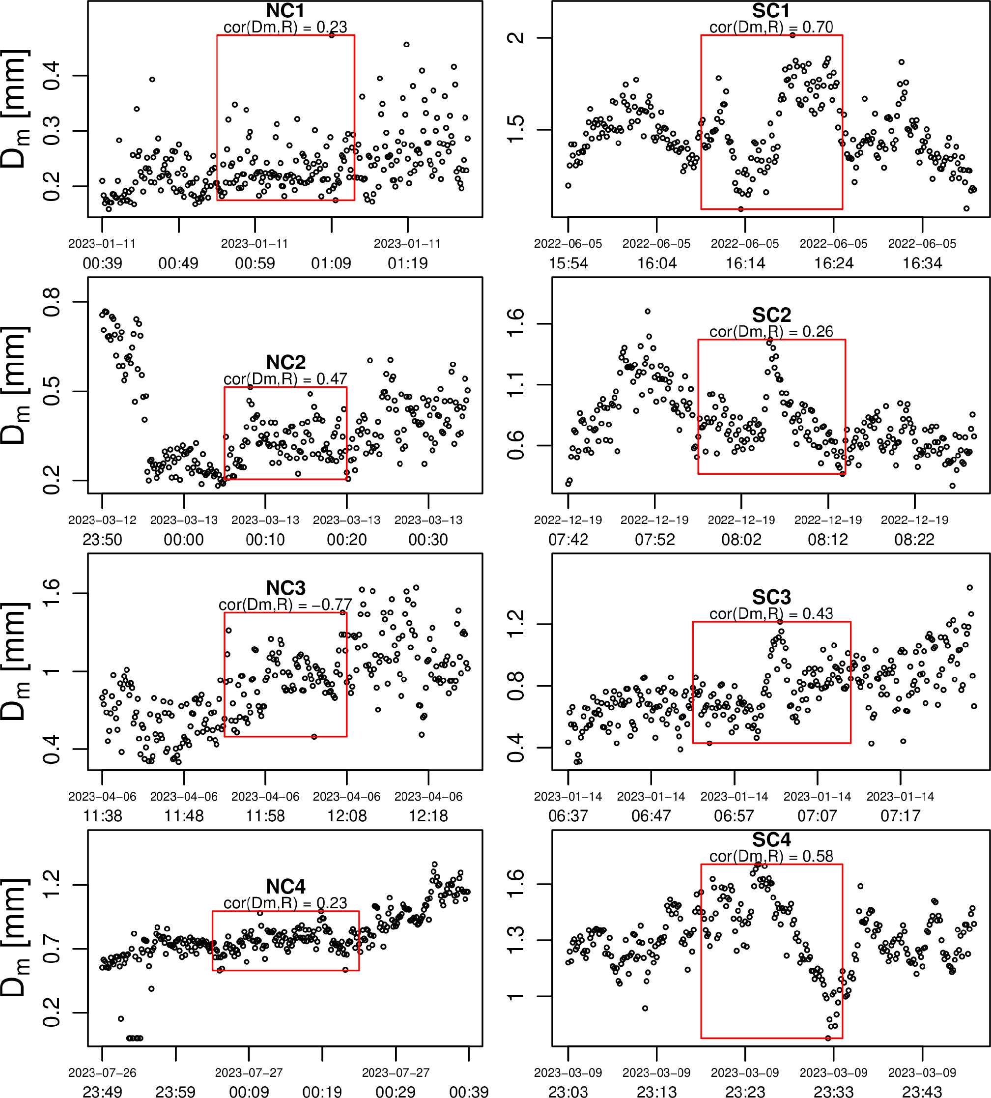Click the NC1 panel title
click(x=285, y=10)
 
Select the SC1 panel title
click(x=771, y=10)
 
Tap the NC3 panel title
click(x=285, y=588)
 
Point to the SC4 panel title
click(x=771, y=839)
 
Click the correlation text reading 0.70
click(x=771, y=27)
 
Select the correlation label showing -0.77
click(x=285, y=605)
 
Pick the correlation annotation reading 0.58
click(x=771, y=856)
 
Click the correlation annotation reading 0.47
click(x=285, y=378)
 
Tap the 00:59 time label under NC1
click(x=255, y=263)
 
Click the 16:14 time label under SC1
click(x=745, y=263)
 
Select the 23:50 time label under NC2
click(x=102, y=540)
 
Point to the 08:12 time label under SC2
click(x=828, y=540)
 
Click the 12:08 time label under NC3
click(x=347, y=816)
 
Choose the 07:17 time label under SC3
click(x=900, y=816)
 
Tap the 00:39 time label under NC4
click(x=468, y=1091)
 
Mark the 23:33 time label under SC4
click(x=833, y=1091)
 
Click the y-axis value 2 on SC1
click(x=515, y=37)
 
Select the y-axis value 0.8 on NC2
click(x=51, y=301)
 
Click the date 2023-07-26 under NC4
click(x=102, y=1072)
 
